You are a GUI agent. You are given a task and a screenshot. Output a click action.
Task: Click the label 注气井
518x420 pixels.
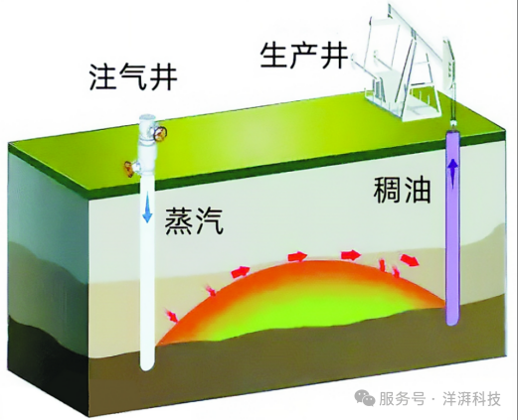[x=133, y=77]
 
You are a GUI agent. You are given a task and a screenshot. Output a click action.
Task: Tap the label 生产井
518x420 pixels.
[x=304, y=57]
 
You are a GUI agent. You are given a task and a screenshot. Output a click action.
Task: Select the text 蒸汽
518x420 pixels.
[x=194, y=221]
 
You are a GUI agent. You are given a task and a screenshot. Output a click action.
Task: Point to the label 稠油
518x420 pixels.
[x=403, y=190]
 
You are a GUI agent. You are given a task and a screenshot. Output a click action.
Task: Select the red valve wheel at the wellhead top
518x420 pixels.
[x=161, y=133]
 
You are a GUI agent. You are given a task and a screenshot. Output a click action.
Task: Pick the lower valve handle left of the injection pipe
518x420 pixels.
[x=129, y=168]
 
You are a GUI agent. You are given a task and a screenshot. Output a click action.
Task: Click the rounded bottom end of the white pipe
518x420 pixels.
[x=147, y=365]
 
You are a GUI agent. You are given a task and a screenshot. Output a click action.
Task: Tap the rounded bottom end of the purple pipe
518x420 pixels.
[x=452, y=319]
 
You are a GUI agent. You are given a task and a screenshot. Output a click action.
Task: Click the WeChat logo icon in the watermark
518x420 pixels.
[x=365, y=397]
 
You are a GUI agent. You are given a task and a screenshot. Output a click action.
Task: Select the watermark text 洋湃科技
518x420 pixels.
[x=471, y=398]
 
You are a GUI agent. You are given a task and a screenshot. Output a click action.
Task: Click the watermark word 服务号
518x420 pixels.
[x=402, y=398]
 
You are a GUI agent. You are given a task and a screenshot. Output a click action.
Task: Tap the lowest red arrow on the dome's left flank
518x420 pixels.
[x=172, y=316]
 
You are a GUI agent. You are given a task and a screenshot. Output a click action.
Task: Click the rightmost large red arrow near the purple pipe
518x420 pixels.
[x=410, y=260]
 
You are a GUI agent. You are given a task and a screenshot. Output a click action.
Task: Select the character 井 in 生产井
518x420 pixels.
[x=334, y=57]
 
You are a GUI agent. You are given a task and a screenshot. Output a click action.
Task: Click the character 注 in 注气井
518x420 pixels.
[x=102, y=77]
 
